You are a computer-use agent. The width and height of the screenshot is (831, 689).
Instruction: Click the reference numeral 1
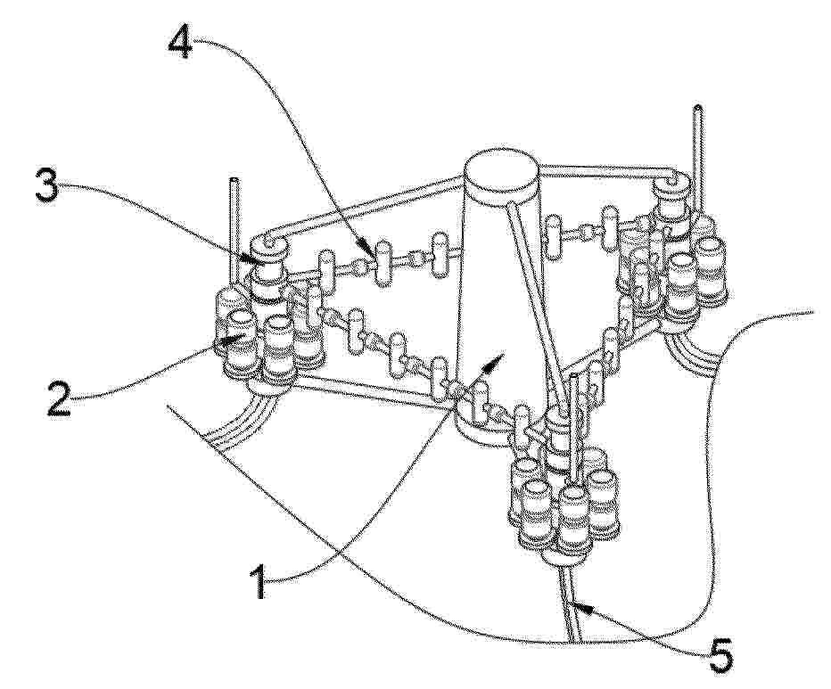(x=259, y=581)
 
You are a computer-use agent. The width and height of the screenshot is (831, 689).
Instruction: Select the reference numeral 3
(x=47, y=186)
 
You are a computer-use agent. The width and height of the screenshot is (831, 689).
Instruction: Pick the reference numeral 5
(x=720, y=657)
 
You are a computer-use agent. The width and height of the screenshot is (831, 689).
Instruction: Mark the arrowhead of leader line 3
(x=253, y=259)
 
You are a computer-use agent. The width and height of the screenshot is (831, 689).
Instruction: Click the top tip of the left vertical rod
(x=234, y=181)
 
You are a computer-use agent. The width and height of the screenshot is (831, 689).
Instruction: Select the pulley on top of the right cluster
(x=671, y=189)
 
